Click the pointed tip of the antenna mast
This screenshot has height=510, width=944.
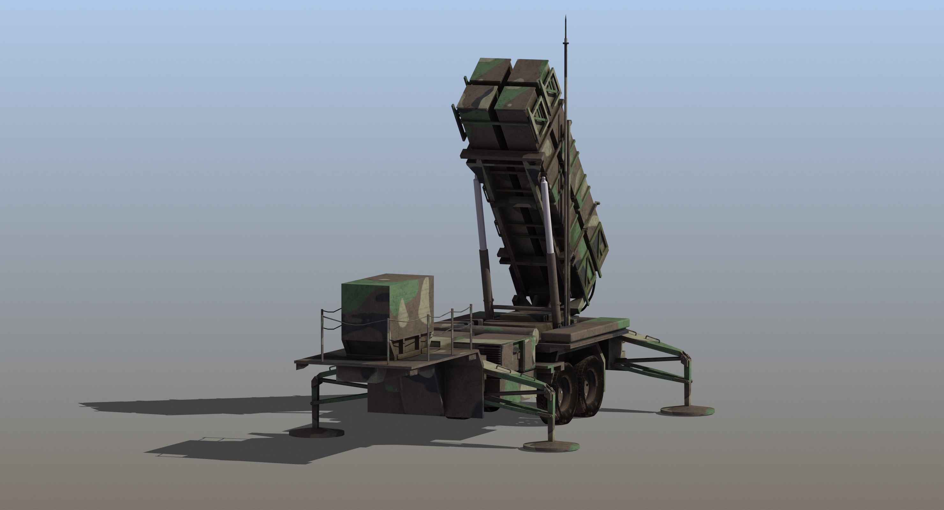pyautogui.click(x=566, y=17)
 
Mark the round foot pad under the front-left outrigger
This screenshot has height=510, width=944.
pyautogui.click(x=317, y=432)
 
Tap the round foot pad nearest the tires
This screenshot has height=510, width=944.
pyautogui.click(x=551, y=446)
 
